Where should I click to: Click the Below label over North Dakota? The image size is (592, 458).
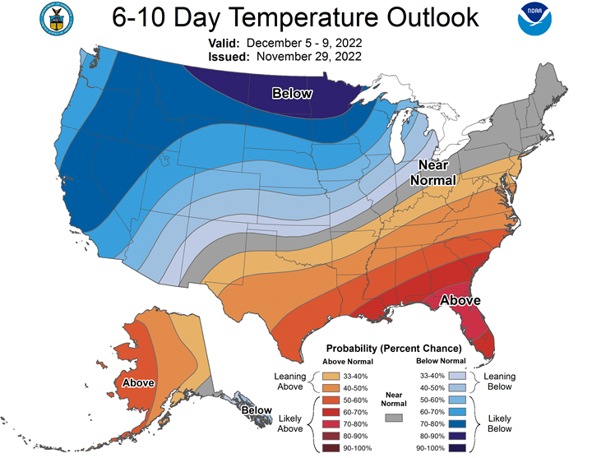[x=293, y=94]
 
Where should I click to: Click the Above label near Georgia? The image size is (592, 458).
[x=460, y=300]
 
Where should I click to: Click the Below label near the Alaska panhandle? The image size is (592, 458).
[x=257, y=409]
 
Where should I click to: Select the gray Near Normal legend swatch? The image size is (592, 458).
[x=395, y=418]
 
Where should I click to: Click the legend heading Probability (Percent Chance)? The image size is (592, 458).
[x=394, y=349]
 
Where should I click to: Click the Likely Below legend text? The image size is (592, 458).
[x=500, y=423]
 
